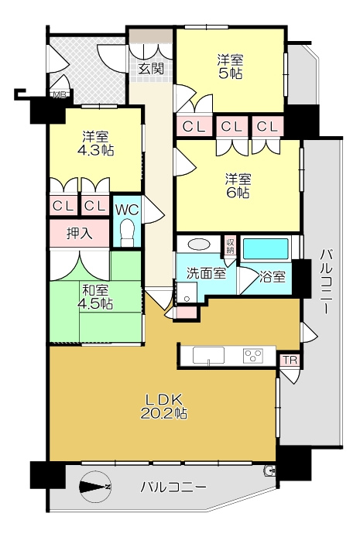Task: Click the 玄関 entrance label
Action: coord(151,69)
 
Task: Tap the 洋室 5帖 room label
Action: coord(230,67)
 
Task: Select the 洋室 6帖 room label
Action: coord(238,186)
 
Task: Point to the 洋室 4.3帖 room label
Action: coord(95,144)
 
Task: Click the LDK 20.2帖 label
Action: coord(163,406)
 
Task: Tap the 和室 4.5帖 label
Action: coord(95,297)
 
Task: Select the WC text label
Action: coord(127,210)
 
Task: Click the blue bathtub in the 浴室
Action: coord(266,249)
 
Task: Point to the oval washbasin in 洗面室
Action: coord(199,245)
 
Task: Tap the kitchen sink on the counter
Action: coord(208,355)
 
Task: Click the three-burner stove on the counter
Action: coord(253,356)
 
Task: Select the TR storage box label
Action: coord(290,360)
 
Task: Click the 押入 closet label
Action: coord(79,233)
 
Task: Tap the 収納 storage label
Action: coord(230,245)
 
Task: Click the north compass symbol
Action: coord(94,487)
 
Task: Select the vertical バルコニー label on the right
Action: coord(325,281)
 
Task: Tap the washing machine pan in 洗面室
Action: coord(187,292)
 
